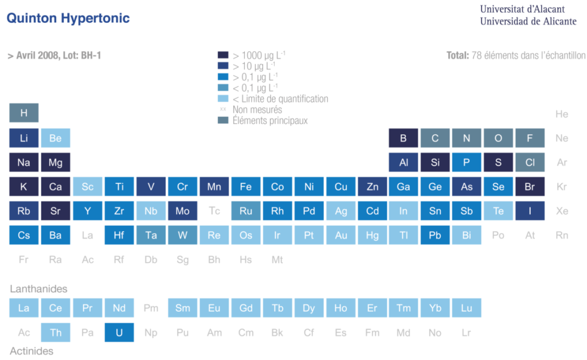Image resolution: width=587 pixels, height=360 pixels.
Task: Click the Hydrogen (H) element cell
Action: [24, 113]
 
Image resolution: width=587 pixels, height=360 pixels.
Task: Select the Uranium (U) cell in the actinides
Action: [119, 332]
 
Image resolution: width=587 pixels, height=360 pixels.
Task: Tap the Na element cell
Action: [24, 162]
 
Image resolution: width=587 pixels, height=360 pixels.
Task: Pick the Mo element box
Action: [182, 211]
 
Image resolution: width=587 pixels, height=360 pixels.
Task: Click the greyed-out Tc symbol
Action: [214, 211]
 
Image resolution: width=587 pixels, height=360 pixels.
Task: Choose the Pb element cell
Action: [435, 235]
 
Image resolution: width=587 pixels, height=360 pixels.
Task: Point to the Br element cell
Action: [530, 186]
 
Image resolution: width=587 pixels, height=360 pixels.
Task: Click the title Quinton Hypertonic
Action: [68, 18]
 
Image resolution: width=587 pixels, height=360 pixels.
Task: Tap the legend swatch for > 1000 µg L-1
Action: [223, 56]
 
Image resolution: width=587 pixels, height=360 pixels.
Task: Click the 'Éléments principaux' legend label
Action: [270, 120]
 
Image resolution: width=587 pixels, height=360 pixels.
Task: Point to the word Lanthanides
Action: [38, 289]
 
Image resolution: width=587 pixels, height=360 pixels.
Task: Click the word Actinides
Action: [32, 351]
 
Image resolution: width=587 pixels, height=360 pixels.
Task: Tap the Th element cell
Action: [56, 332]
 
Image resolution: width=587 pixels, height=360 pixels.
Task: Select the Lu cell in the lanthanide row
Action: [467, 308]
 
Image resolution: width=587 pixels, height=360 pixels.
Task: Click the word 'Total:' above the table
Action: [457, 56]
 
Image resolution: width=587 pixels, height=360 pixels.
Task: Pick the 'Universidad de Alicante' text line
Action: [528, 21]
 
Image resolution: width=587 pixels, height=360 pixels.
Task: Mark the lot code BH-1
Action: [89, 56]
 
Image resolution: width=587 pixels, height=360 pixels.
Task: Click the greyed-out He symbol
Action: [562, 114]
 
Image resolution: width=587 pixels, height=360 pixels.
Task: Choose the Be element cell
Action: [56, 138]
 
